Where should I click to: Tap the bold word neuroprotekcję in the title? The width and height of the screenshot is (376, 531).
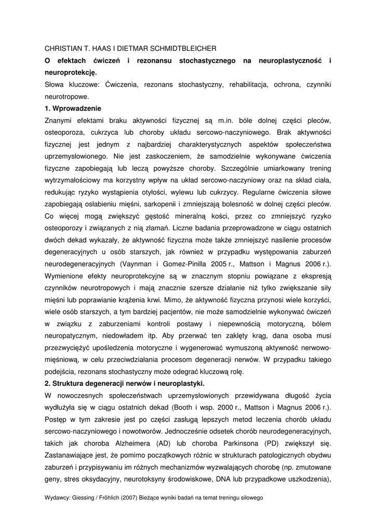click(71, 73)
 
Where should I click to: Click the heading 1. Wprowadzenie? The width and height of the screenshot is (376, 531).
click(73, 109)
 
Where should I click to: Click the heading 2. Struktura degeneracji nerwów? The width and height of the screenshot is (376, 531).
click(125, 383)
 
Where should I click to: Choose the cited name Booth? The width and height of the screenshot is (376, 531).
click(225, 407)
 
